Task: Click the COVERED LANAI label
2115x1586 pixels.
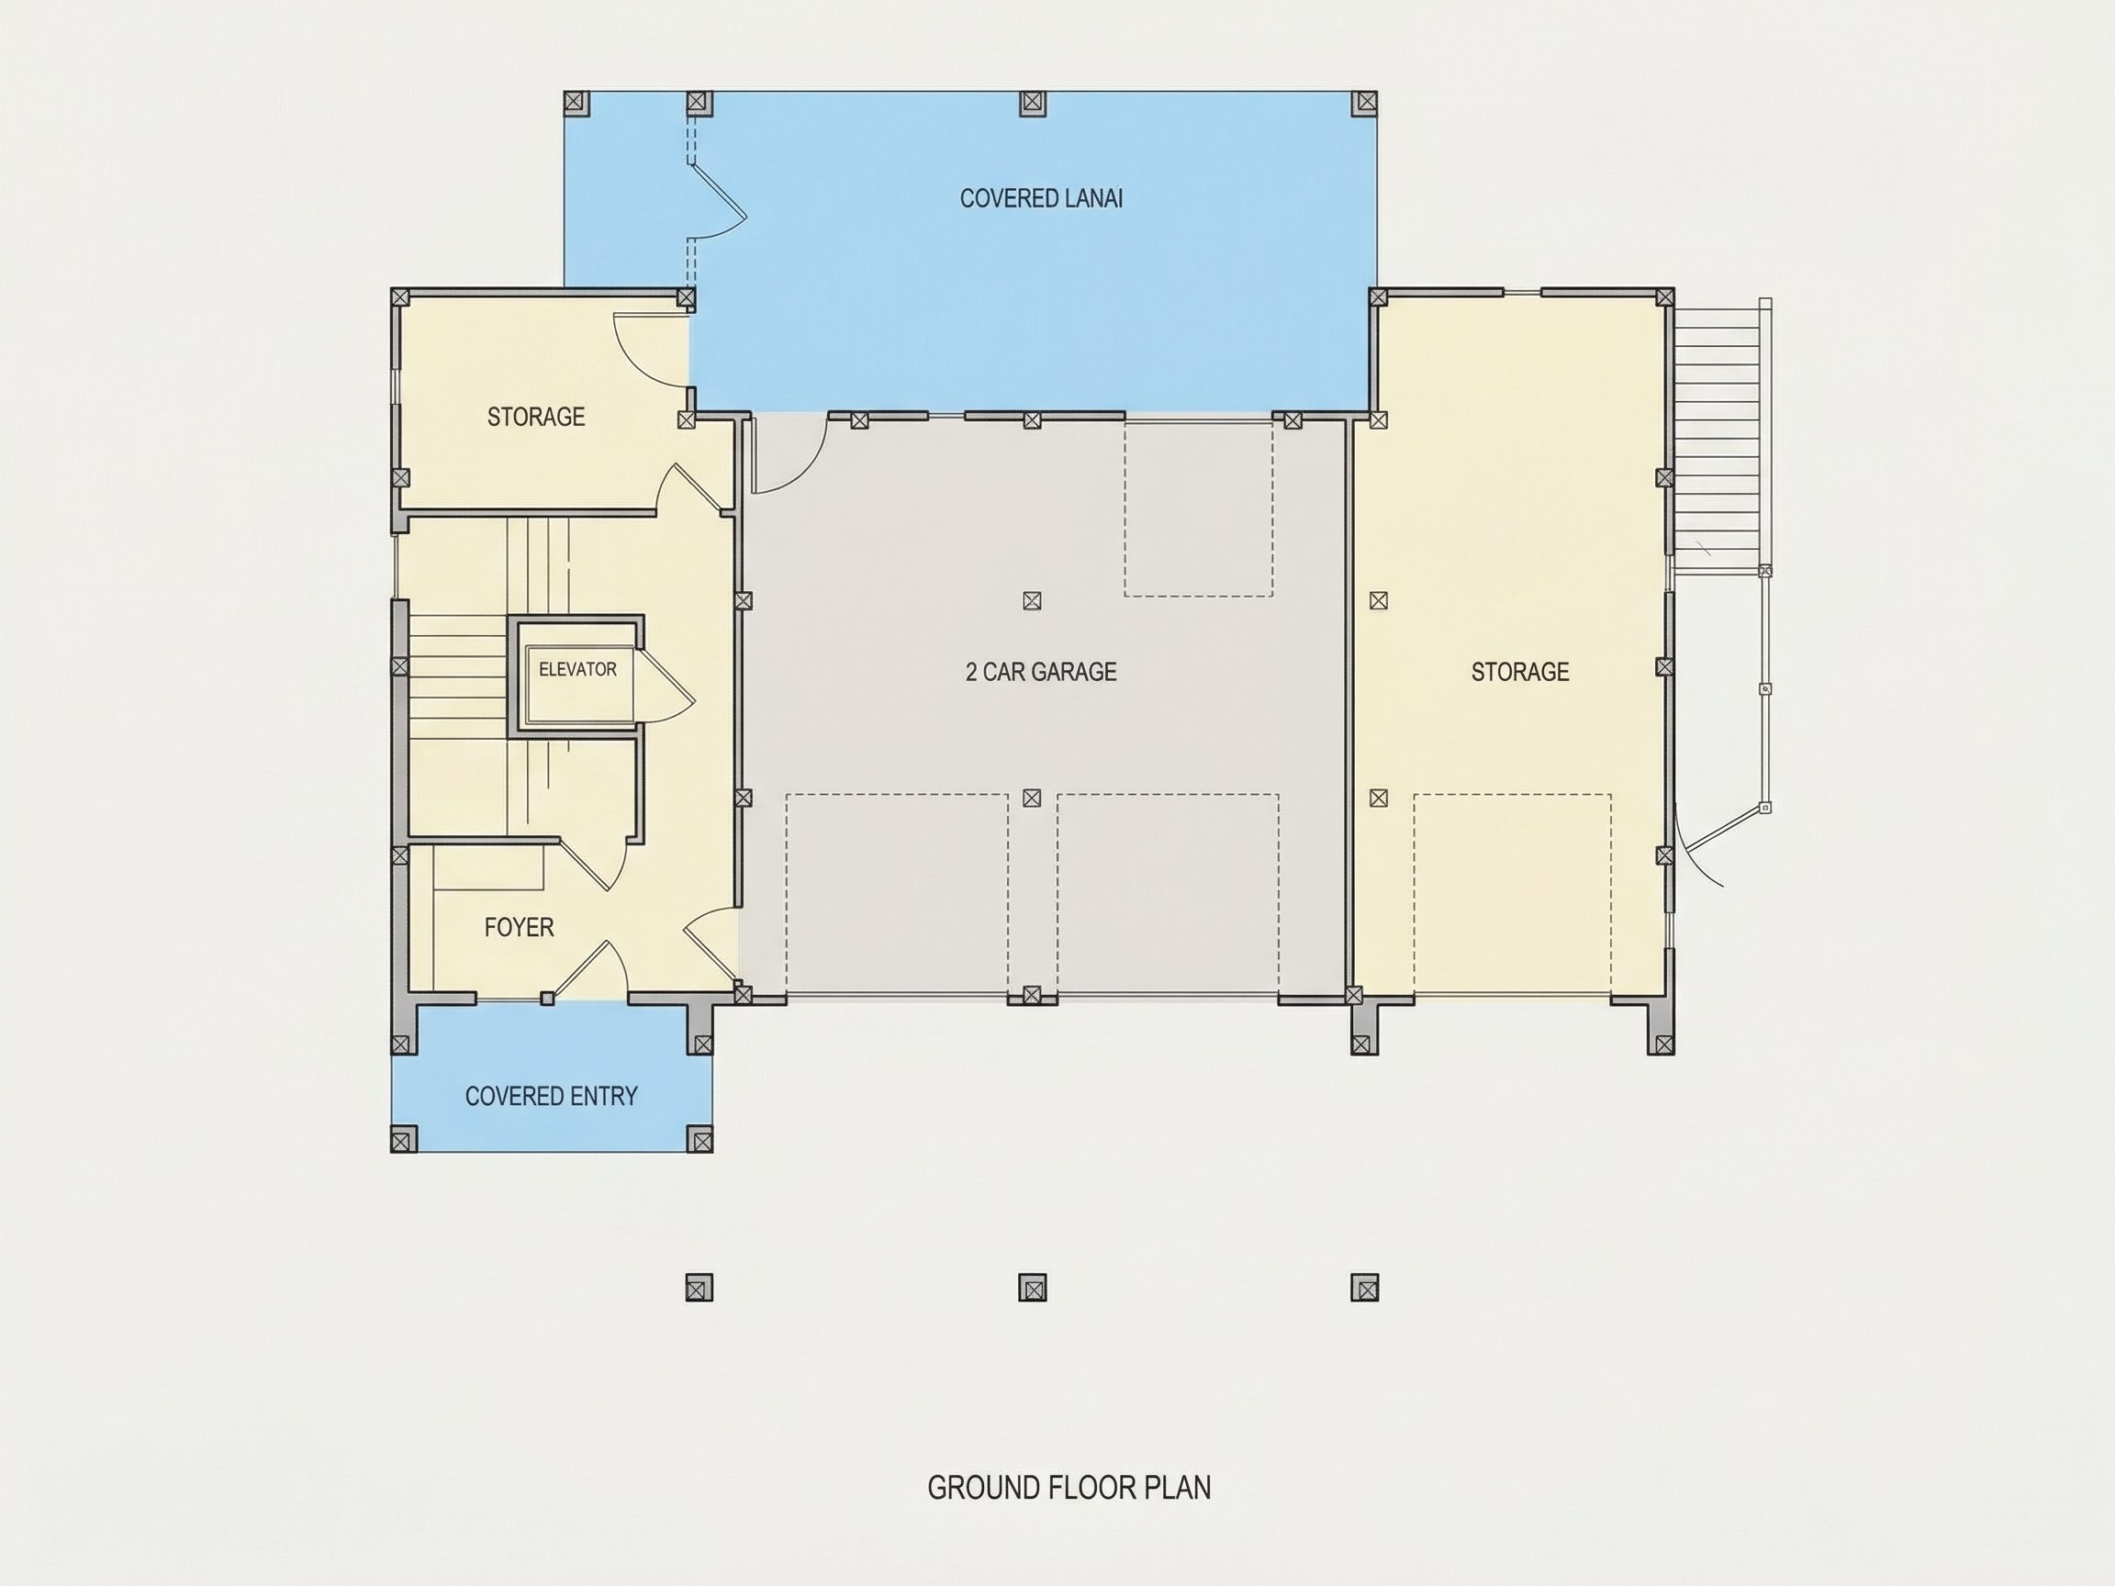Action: [x=1040, y=198]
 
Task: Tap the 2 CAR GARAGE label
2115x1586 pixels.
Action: [x=1041, y=671]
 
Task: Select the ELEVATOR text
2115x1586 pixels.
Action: [x=577, y=669]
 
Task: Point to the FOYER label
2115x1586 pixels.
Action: [x=520, y=926]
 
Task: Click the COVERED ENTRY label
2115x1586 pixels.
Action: [x=551, y=1096]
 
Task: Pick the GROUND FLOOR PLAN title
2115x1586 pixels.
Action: [x=1069, y=1488]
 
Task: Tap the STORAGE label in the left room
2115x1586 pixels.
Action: [x=535, y=416]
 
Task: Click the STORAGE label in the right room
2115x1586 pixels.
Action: [x=1520, y=671]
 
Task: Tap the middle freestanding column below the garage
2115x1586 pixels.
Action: [x=1032, y=1288]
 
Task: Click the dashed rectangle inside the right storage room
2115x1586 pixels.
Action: [x=1512, y=895]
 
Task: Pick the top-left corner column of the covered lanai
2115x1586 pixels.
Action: [x=574, y=102]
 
